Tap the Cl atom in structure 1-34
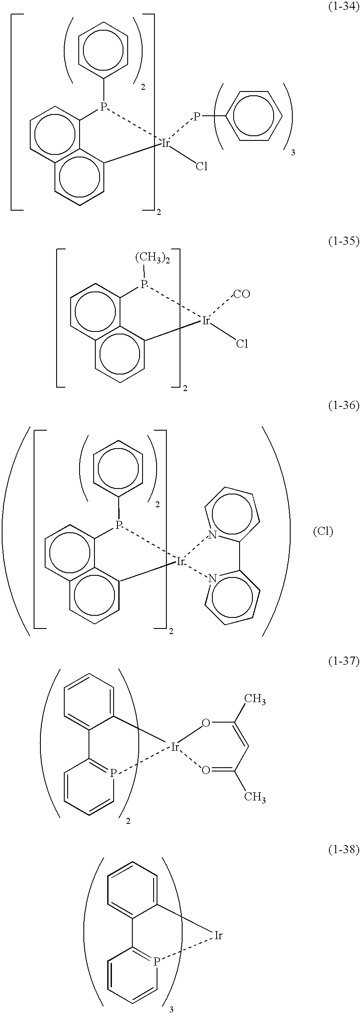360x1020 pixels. (201, 166)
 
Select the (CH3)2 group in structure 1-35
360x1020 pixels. (153, 258)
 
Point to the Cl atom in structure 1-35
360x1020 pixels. (242, 343)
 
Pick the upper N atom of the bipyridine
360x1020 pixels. (212, 535)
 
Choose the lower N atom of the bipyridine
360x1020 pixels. (212, 578)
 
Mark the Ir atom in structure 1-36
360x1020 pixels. (180, 562)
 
